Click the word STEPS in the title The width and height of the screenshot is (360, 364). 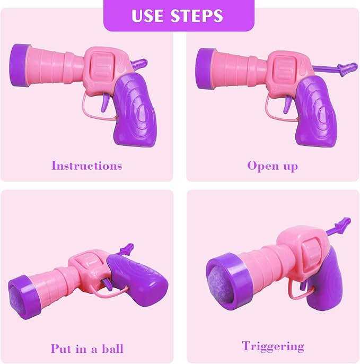point(197,15)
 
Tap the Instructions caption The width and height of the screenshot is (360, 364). point(86,166)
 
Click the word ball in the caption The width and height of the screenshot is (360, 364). point(112,349)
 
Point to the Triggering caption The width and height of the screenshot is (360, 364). point(273,346)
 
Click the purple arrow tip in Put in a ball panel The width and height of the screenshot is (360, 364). point(127,247)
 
